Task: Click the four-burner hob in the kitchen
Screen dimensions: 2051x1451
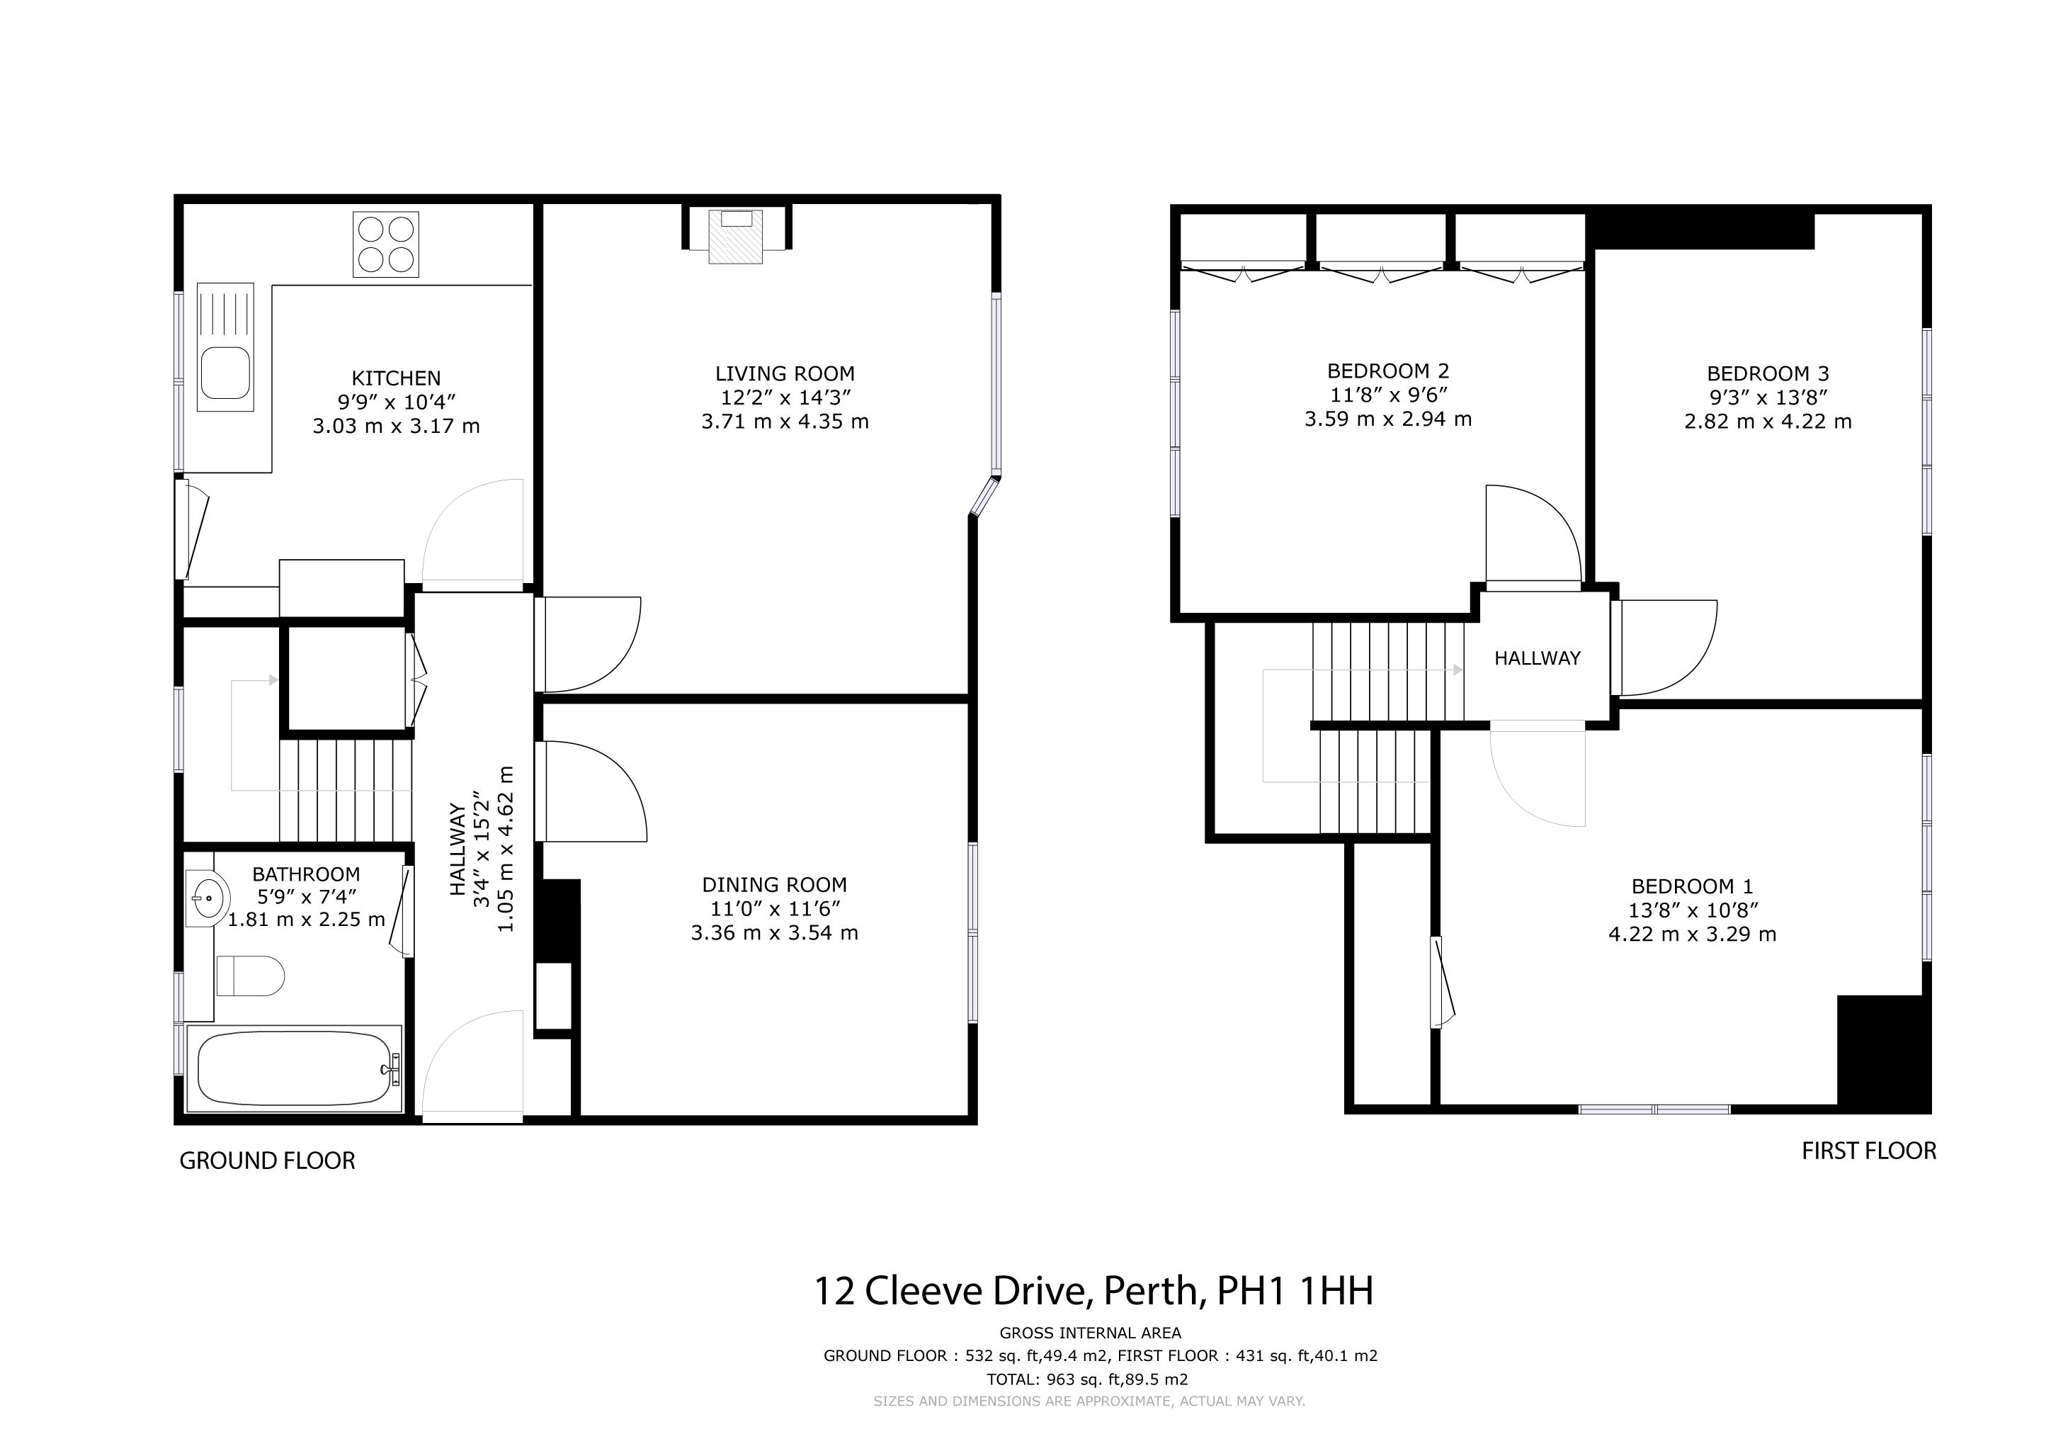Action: (386, 244)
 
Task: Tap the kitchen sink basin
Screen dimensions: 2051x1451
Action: (225, 373)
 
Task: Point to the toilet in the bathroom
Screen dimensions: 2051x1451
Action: (250, 975)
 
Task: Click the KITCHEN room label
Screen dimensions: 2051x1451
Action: (396, 379)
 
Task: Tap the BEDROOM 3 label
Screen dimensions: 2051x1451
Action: (1768, 373)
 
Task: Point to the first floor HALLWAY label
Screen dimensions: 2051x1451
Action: (1538, 658)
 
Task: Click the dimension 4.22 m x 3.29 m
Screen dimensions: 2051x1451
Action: (1692, 935)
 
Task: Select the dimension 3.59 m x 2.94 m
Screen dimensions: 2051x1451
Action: (1388, 419)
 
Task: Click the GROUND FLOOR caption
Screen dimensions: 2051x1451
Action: (267, 1161)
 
